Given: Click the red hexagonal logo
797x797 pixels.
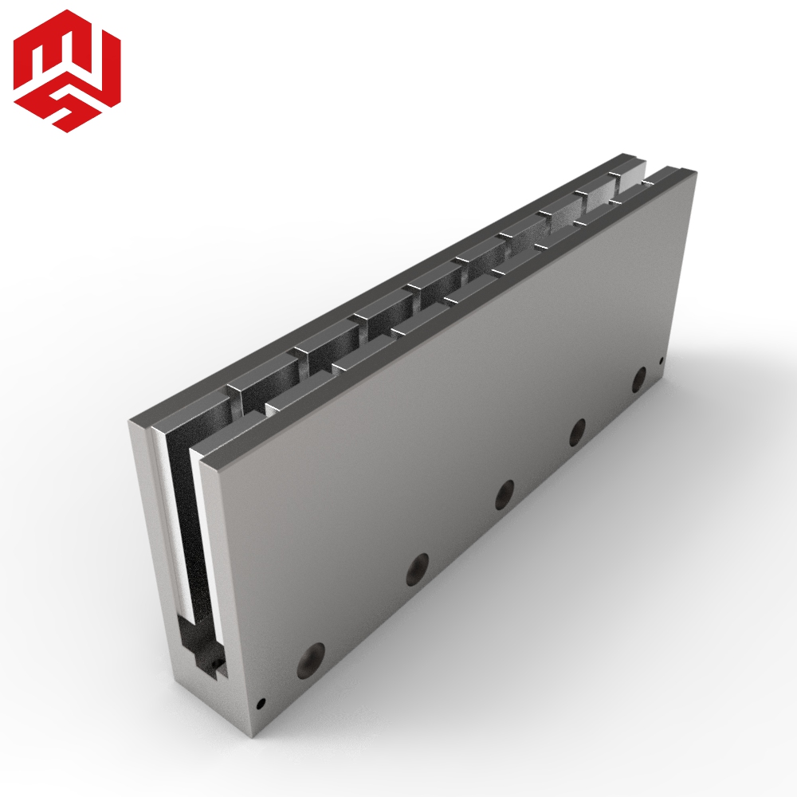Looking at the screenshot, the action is point(67,71).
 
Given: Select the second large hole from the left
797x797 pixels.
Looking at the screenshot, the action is point(418,568).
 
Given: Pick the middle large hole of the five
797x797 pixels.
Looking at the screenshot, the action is point(505,494).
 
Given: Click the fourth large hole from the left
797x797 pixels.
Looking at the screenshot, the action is point(577,433).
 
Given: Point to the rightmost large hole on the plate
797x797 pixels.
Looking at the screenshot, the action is point(639,379).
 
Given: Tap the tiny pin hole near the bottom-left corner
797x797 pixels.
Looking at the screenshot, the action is point(261,704).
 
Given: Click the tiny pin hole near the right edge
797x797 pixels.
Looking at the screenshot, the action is point(662,361).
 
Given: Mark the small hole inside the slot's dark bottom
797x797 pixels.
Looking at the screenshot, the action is point(218,664).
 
